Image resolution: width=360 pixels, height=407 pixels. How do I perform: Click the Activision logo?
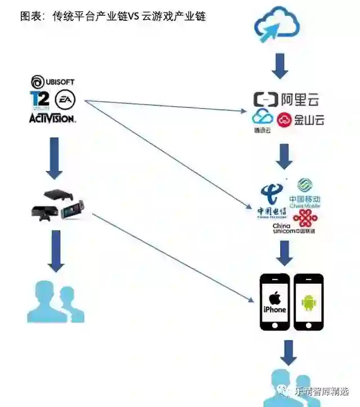coord(52,118)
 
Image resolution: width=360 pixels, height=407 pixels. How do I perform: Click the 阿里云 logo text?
coord(287,100)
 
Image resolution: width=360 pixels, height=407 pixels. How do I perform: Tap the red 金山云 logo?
coord(300,120)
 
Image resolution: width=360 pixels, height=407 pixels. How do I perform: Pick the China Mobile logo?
coord(305,194)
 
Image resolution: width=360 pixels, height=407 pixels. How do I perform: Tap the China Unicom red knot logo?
coord(304,218)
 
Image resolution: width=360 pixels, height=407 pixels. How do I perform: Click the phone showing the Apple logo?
coord(274,301)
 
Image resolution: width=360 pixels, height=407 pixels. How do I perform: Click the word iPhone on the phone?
coord(274,310)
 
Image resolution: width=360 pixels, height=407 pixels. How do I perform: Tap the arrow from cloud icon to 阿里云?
coord(280,66)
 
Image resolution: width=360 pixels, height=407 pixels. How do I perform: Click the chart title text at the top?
coord(112,16)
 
